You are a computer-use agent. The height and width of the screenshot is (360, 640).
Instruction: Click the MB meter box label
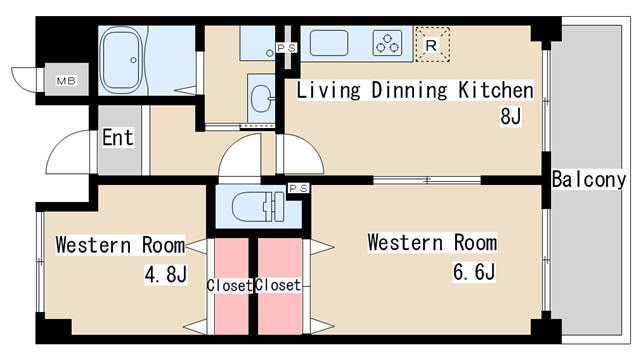point(66,81)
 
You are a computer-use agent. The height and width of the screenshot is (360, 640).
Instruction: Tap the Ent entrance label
point(117,137)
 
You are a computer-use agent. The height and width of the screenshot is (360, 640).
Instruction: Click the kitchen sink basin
point(329,42)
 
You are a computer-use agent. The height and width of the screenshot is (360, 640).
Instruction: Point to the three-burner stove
point(387,43)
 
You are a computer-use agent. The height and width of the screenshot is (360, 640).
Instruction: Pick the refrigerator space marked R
point(431,43)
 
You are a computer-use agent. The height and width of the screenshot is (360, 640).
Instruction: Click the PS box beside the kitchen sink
point(286,47)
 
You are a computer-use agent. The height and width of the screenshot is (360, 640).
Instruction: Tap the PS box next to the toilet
point(298,188)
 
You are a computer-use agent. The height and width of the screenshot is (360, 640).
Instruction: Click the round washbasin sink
point(262,98)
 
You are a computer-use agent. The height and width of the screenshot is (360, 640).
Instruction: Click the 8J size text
point(512,116)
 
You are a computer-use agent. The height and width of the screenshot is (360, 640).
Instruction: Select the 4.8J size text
point(164,272)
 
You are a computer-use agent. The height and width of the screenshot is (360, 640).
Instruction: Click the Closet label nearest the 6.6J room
point(278,285)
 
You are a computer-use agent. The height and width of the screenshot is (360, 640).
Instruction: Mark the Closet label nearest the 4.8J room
point(230,285)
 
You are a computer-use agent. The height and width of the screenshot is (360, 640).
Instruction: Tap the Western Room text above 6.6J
point(431,243)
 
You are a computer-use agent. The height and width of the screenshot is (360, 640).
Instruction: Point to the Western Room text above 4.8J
point(120,245)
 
